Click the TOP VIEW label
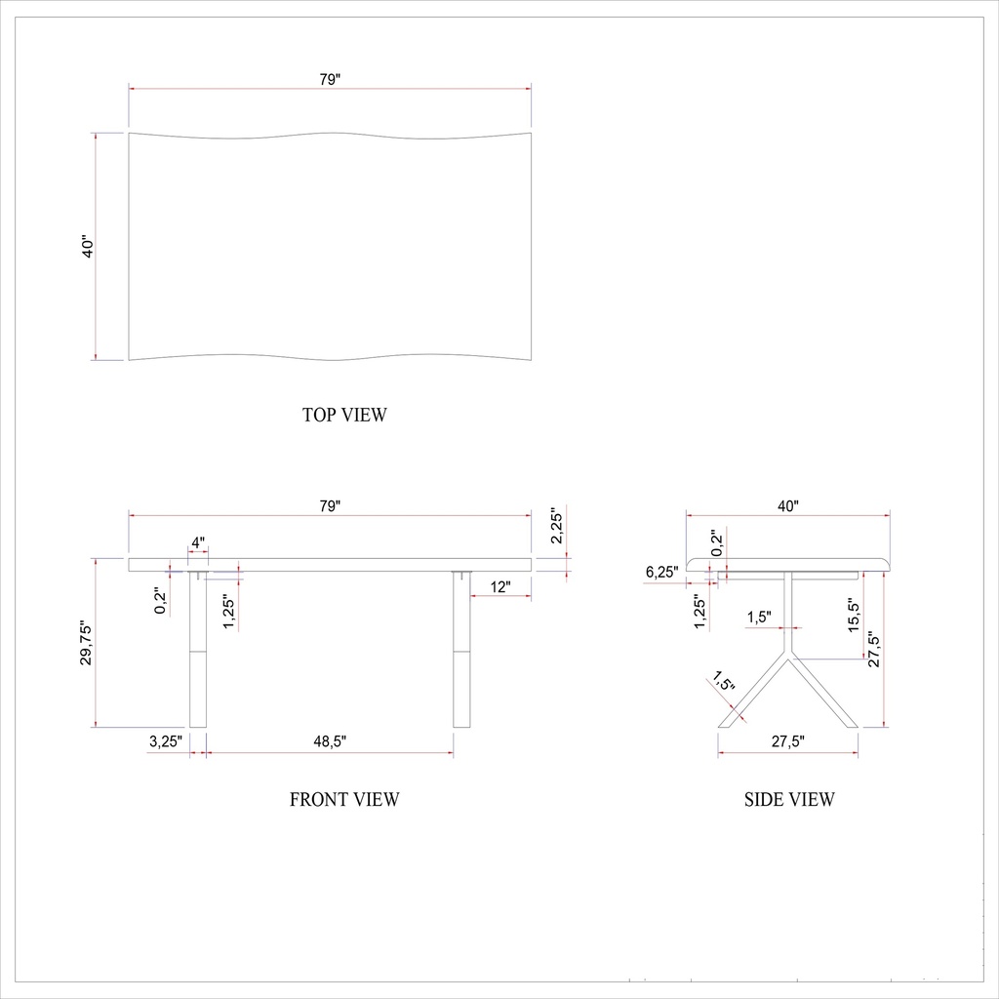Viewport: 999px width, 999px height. point(344,415)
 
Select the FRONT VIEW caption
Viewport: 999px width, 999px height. point(344,800)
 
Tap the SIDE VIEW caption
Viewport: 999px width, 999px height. point(789,800)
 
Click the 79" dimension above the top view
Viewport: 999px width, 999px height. point(330,80)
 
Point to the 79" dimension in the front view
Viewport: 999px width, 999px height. point(330,506)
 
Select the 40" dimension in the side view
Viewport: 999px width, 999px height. point(788,506)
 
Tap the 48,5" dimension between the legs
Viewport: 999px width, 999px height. point(330,741)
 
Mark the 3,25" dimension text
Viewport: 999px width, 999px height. point(166,741)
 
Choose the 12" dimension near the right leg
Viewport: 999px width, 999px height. point(500,586)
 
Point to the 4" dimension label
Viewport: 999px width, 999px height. point(198,541)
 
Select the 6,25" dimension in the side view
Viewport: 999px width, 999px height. point(661,572)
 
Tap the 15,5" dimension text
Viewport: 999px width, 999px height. point(854,617)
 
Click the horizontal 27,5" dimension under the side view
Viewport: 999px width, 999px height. point(788,741)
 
